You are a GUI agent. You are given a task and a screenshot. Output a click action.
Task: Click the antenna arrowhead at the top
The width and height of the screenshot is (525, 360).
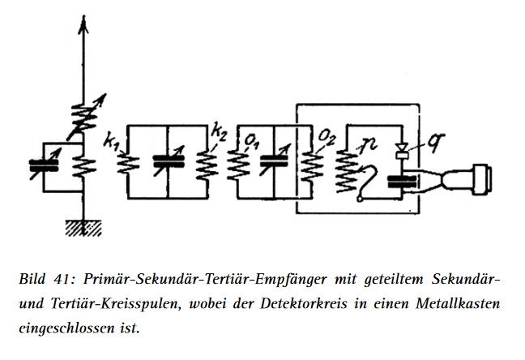click(83, 24)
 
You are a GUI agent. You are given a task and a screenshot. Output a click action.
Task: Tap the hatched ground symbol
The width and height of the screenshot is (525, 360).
click(83, 229)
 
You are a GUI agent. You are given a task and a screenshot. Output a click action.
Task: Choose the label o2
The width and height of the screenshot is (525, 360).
click(327, 137)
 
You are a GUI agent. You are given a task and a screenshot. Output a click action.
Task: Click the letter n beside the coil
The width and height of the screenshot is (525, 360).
click(369, 144)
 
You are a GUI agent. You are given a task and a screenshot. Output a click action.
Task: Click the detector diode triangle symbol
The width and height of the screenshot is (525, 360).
click(402, 147)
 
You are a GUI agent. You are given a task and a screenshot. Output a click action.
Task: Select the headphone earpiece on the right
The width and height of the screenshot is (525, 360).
click(467, 180)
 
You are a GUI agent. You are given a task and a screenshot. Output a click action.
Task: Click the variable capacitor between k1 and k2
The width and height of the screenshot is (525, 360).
click(169, 161)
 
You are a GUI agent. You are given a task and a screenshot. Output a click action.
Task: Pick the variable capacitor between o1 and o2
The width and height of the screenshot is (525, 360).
click(274, 161)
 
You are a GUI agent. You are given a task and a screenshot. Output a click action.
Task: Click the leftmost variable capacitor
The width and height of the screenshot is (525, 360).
click(44, 165)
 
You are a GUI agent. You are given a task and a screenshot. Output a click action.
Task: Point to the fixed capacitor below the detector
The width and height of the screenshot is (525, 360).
click(402, 182)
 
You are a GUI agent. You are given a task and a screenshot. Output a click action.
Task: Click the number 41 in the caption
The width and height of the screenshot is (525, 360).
click(62, 280)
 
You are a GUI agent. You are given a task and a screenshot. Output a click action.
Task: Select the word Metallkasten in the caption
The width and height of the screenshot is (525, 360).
click(458, 304)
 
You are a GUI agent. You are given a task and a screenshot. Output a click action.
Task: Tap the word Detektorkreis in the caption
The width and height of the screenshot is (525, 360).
click(303, 304)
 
